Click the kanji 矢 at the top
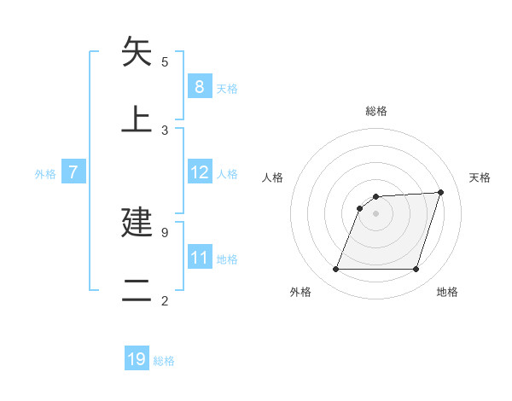click(137, 51)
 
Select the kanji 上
click(137, 119)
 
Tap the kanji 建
click(137, 222)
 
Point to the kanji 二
click(137, 290)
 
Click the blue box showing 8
click(199, 87)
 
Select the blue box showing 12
click(199, 173)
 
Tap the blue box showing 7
click(73, 173)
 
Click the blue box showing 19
click(137, 359)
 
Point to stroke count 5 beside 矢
click(165, 61)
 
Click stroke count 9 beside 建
click(165, 232)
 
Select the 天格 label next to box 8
click(227, 88)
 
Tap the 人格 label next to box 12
click(227, 173)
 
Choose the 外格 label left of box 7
click(45, 173)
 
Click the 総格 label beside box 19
click(164, 360)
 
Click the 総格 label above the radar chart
click(375, 111)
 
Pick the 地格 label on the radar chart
click(447, 292)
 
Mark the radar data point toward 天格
click(441, 192)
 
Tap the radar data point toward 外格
click(335, 270)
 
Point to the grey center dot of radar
click(375, 212)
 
